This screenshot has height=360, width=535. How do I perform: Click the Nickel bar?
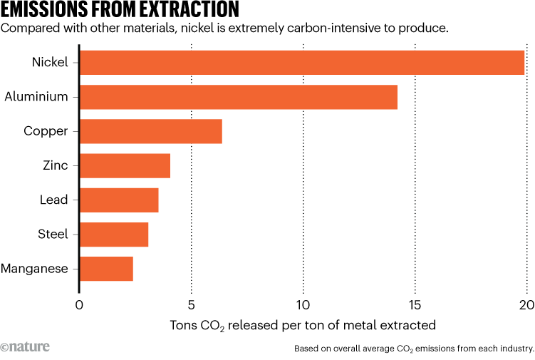pyautogui.click(x=302, y=63)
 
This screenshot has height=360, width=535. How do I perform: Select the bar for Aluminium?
pyautogui.click(x=239, y=97)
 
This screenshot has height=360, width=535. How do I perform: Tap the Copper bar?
pyautogui.click(x=151, y=131)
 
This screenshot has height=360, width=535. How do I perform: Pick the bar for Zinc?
pyautogui.click(x=125, y=165)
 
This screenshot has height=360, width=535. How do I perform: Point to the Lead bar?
pyautogui.click(x=119, y=200)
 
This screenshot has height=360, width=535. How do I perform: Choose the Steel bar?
pyautogui.click(x=114, y=234)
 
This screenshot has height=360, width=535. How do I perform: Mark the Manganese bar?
pyautogui.click(x=106, y=269)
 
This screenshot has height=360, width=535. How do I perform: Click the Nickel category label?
pyautogui.click(x=50, y=63)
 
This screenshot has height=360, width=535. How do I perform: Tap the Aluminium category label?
pyautogui.click(x=36, y=97)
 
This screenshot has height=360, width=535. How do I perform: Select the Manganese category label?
pyautogui.click(x=35, y=269)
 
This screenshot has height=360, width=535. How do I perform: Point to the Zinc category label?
pyautogui.click(x=55, y=165)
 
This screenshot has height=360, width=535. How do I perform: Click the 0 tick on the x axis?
pyautogui.click(x=79, y=305)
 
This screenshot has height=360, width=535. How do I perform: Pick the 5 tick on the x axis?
pyautogui.click(x=191, y=305)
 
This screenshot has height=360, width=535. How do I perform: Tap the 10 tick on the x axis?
pyautogui.click(x=303, y=305)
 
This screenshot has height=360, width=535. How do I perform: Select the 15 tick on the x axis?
pyautogui.click(x=415, y=305)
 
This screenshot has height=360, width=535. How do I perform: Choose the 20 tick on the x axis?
pyautogui.click(x=526, y=305)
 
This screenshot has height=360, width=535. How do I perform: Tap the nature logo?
pyautogui.click(x=25, y=347)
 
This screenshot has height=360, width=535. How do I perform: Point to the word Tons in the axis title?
pyautogui.click(x=184, y=326)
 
